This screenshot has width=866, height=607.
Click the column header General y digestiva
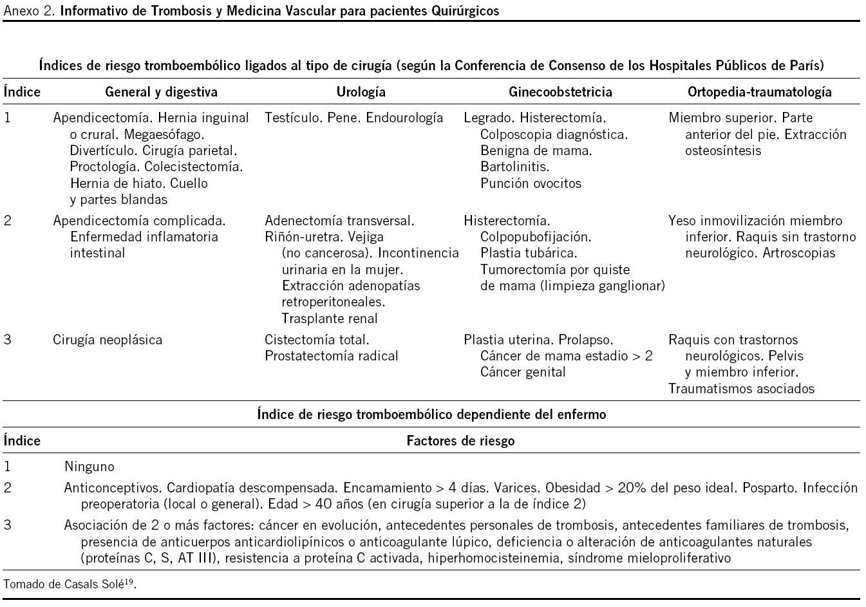point(161,92)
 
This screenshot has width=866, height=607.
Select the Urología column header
point(361,92)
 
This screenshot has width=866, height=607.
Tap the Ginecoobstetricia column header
point(560,92)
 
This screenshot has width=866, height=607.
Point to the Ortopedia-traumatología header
point(760,92)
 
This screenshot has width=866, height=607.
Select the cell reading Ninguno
point(89,467)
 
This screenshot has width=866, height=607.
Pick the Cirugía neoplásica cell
point(108,340)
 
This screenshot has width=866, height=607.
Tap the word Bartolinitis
point(514,167)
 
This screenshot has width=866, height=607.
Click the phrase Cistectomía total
point(317,340)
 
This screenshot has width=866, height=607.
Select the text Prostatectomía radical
point(331,356)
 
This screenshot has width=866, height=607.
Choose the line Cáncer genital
point(523,372)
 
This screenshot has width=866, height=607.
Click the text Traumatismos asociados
point(741,389)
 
